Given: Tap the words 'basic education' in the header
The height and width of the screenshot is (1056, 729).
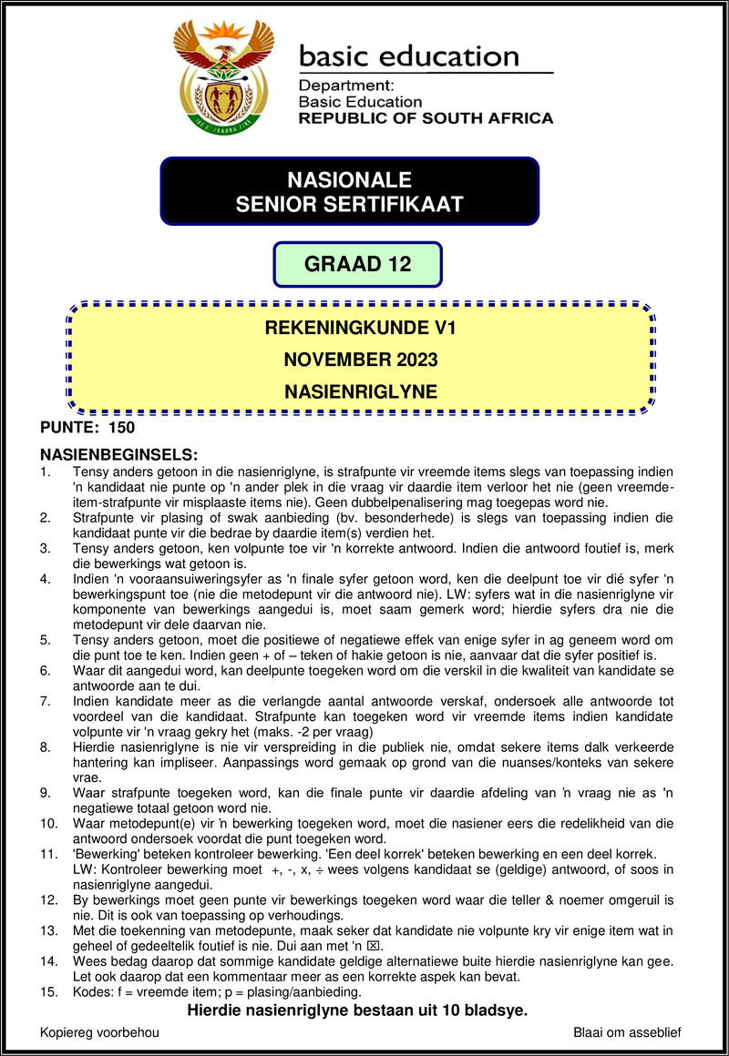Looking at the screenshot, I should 408,56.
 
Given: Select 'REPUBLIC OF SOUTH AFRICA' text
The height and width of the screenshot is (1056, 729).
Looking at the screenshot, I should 426,118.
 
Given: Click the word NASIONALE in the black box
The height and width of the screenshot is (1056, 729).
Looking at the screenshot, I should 349,179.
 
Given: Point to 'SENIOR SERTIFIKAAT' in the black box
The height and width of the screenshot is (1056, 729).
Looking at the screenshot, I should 349,205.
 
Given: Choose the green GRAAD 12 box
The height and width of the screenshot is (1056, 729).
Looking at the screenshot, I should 357,265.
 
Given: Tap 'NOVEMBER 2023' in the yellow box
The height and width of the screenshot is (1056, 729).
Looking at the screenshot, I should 360,360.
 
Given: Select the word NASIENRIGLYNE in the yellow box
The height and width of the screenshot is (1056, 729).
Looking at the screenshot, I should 360,392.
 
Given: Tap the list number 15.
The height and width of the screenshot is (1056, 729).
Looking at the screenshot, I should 49,992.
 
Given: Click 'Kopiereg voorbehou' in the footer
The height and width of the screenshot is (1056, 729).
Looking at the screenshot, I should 100,1032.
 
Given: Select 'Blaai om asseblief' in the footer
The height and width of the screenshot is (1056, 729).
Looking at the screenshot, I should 627,1032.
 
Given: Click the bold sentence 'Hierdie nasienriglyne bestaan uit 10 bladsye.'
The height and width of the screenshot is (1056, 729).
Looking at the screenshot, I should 357,1010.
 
